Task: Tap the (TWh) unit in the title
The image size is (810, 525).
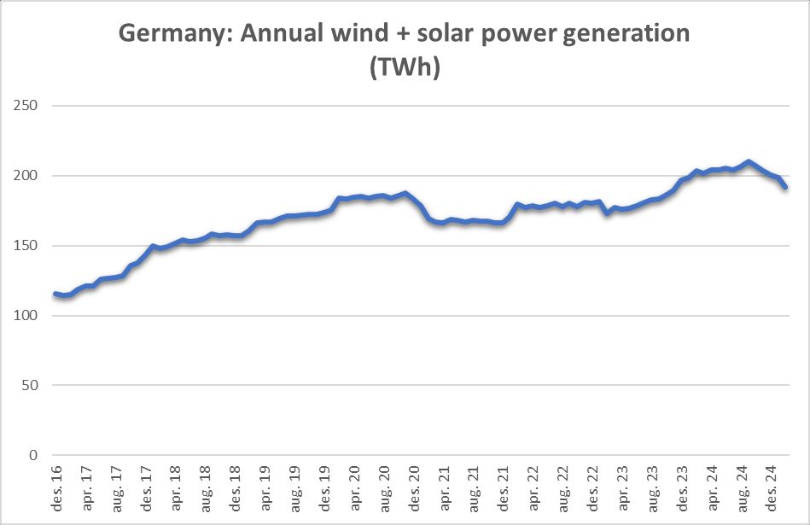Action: pyautogui.click(x=405, y=68)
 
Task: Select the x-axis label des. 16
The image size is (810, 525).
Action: pyautogui.click(x=57, y=488)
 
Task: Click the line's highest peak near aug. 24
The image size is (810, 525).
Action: pyautogui.click(x=749, y=161)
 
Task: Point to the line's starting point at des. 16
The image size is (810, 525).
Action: pyautogui.click(x=55, y=294)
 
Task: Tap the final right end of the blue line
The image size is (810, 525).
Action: pyautogui.click(x=784, y=187)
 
